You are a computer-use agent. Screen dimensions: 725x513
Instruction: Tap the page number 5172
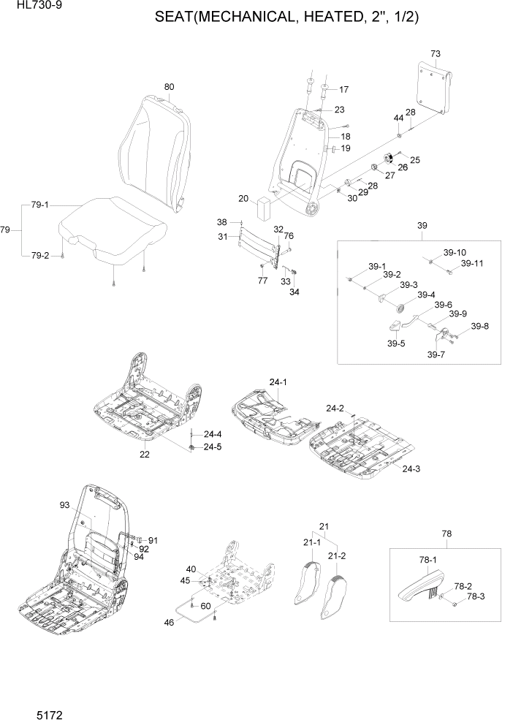[26, 710]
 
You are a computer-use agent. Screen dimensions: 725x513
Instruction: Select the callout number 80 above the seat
[169, 87]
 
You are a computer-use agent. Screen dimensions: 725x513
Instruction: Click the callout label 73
[436, 54]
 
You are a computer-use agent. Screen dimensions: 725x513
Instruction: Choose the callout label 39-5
[396, 343]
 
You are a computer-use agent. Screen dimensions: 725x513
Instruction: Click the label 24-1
[278, 382]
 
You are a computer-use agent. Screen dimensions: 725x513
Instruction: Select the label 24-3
[411, 468]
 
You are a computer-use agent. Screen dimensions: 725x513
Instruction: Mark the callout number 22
[145, 455]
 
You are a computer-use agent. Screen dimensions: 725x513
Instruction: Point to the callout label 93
[64, 505]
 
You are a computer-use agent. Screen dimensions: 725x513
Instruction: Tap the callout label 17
[343, 90]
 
